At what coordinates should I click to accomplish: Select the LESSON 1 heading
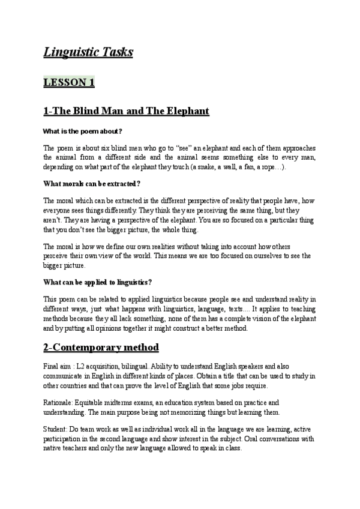(69, 83)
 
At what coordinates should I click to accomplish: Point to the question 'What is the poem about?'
(83, 131)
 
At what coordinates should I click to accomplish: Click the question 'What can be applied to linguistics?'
(98, 282)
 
